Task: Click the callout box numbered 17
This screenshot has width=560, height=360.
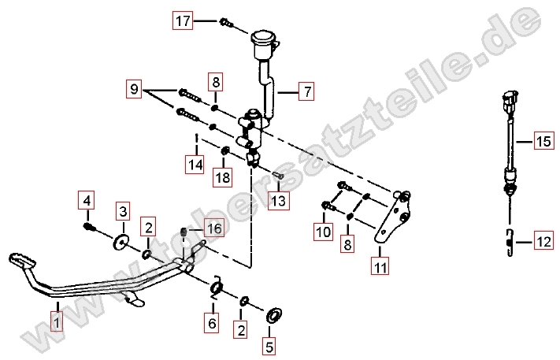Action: pyautogui.click(x=183, y=20)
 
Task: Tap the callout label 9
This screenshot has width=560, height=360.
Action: pyautogui.click(x=134, y=88)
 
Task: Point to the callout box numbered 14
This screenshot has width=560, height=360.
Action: pyautogui.click(x=195, y=165)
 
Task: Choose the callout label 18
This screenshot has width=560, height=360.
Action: pyautogui.click(x=223, y=177)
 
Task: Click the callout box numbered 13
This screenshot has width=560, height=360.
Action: pyautogui.click(x=279, y=200)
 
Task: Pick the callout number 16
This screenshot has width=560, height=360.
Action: pyautogui.click(x=215, y=228)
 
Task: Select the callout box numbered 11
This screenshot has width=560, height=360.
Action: pyautogui.click(x=380, y=265)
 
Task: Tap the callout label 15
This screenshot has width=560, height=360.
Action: pyautogui.click(x=544, y=141)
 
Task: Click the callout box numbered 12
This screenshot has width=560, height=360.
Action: pyautogui.click(x=544, y=241)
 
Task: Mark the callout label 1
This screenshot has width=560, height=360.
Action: pyautogui.click(x=57, y=323)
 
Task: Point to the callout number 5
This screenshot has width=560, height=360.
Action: pyautogui.click(x=269, y=346)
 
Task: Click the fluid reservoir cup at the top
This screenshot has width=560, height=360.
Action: pyautogui.click(x=265, y=44)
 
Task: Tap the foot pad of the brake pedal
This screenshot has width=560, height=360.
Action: pyautogui.click(x=22, y=261)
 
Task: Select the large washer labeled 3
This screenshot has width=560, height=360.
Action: pyautogui.click(x=121, y=243)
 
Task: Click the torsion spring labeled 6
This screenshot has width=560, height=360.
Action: pyautogui.click(x=217, y=287)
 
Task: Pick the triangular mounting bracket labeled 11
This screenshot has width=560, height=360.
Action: pyautogui.click(x=393, y=218)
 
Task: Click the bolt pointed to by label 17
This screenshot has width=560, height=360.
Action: pyautogui.click(x=226, y=23)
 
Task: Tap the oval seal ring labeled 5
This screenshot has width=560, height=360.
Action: pyautogui.click(x=274, y=315)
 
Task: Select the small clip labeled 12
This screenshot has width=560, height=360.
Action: pyautogui.click(x=510, y=243)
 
